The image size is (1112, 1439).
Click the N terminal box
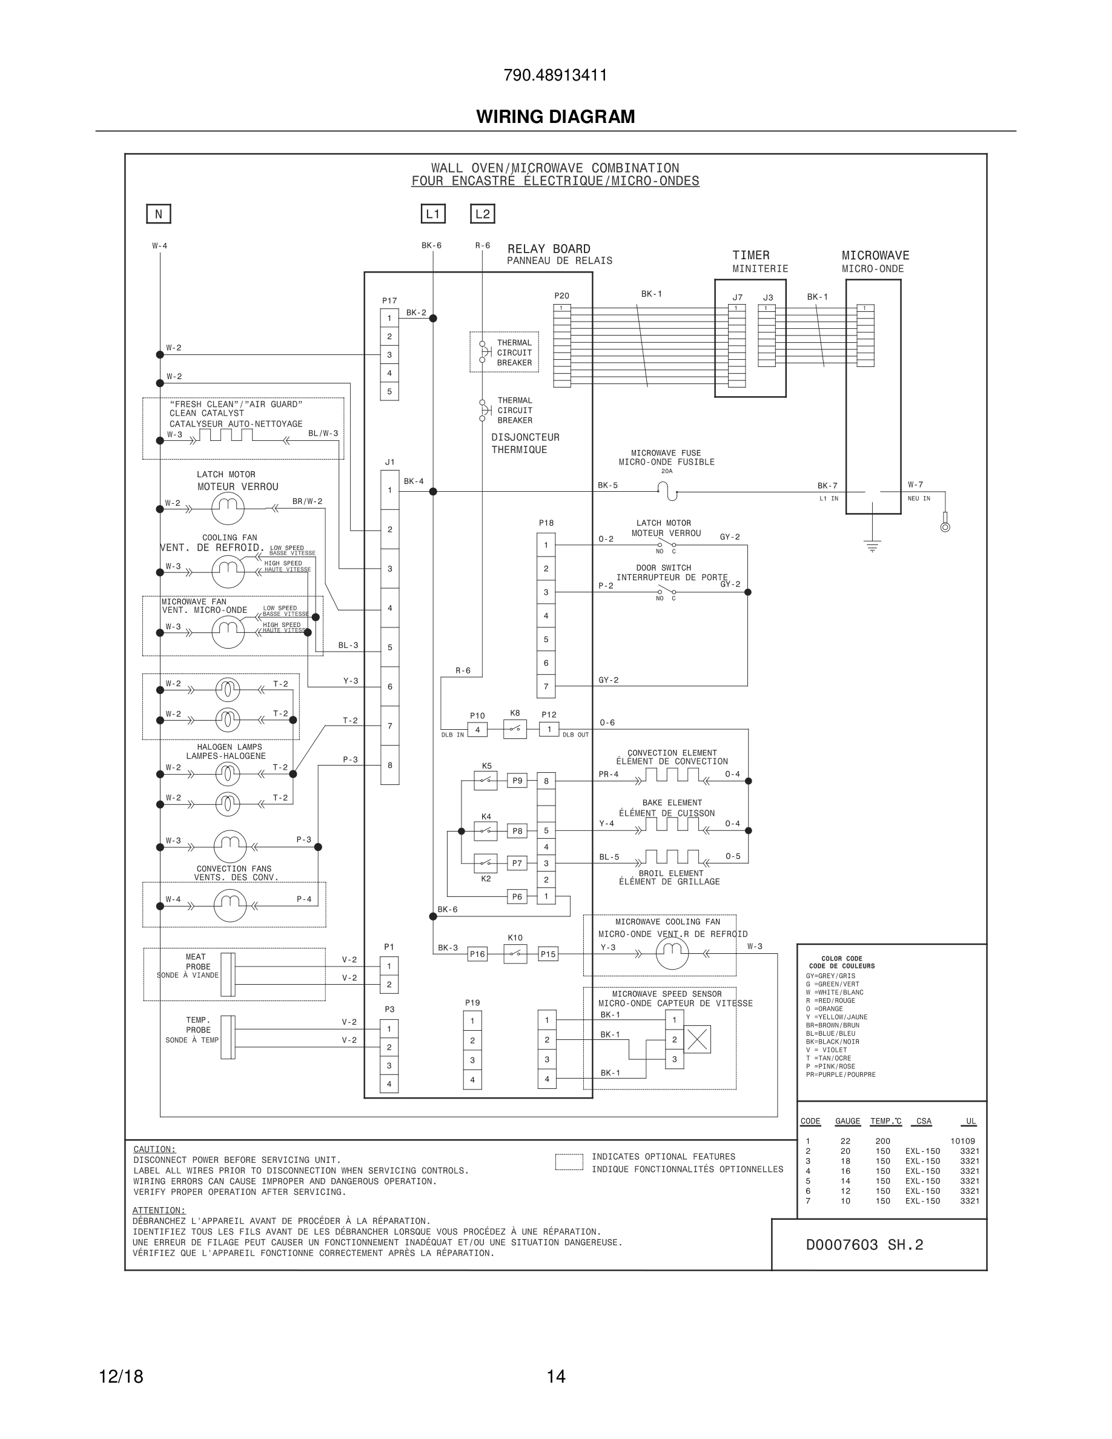click(x=158, y=214)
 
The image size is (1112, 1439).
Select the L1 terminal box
click(x=433, y=214)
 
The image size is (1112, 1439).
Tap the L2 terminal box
click(x=482, y=214)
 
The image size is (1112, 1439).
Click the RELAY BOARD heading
click(x=549, y=249)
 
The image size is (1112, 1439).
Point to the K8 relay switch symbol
click(x=514, y=729)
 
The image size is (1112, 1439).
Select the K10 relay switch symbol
click(x=514, y=954)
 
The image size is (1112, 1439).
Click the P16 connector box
click(x=477, y=954)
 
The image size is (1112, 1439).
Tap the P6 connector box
click(x=517, y=896)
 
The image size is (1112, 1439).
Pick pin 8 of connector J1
click(x=390, y=765)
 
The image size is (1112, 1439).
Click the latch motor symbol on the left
click(x=228, y=508)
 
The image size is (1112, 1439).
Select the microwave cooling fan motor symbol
click(x=672, y=953)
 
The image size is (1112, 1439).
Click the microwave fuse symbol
click(x=667, y=491)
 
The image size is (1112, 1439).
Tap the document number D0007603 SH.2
click(x=864, y=1245)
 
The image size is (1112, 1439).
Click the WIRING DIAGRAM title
click(x=555, y=117)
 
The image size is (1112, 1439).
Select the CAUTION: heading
click(x=154, y=1149)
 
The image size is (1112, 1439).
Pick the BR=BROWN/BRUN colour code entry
click(x=833, y=1025)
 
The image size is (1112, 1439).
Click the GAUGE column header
click(x=847, y=1121)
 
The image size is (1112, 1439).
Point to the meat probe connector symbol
click(x=228, y=974)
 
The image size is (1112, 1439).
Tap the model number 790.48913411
click(x=555, y=75)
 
